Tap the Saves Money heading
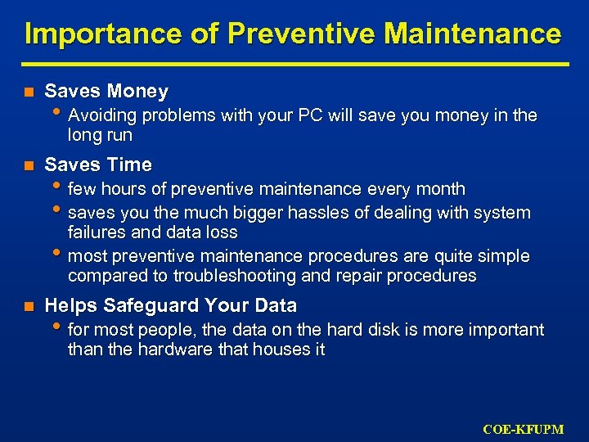coord(106,92)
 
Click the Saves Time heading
coord(98,165)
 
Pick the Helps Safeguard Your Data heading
coord(170,306)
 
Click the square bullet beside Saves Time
coord(28,165)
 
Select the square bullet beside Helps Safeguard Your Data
coord(28,307)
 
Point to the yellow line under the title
coord(294,64)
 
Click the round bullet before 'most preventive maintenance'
coord(61,255)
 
